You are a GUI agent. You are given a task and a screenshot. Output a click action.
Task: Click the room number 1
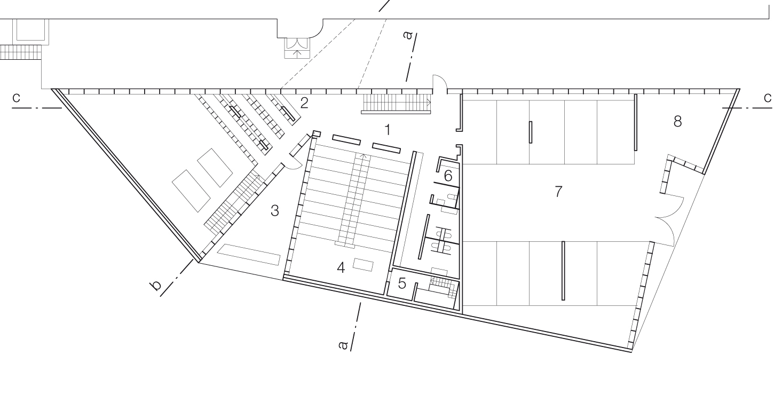pos(388,130)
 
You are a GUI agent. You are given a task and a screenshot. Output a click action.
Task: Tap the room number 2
pos(304,103)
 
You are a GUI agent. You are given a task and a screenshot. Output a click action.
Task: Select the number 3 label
pos(275,210)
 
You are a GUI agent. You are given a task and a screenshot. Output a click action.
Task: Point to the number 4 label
pos(341,267)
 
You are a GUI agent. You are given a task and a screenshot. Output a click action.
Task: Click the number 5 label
pos(402,283)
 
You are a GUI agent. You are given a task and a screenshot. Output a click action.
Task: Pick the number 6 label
pos(448,176)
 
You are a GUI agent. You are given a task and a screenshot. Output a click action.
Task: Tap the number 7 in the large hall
pos(558,191)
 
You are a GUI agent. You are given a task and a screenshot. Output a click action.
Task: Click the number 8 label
pos(677,121)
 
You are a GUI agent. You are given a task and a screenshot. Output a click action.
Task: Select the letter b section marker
pos(156,286)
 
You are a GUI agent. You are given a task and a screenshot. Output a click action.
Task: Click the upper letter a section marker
pos(408,35)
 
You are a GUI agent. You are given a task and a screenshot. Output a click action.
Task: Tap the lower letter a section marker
pos(343,345)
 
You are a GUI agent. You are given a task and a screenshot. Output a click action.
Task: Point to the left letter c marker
pos(16,98)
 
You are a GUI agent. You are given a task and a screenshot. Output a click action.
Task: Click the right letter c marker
pos(768,98)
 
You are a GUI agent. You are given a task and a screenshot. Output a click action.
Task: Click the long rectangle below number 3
pos(248,255)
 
